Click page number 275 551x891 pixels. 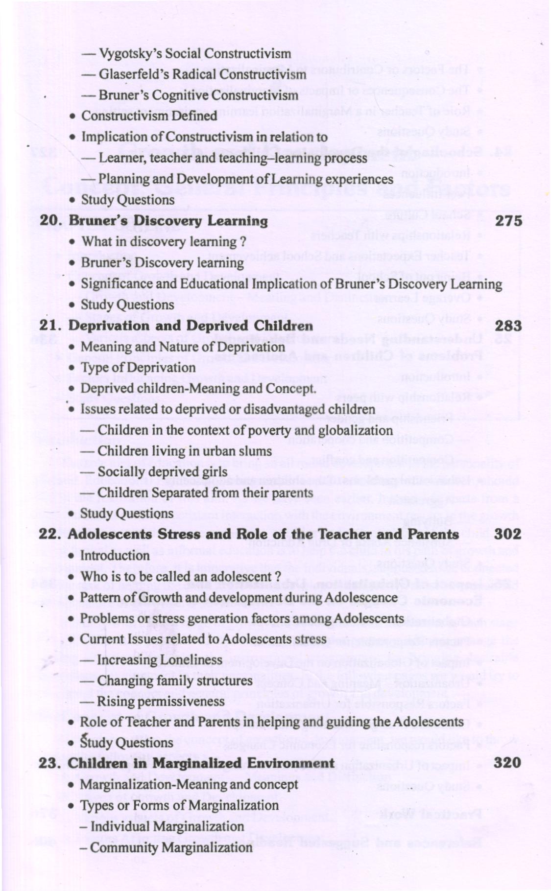[x=508, y=221]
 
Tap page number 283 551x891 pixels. [x=508, y=326]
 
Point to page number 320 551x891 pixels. [x=507, y=762]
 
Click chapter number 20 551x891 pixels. [x=50, y=221]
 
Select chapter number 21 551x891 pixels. [x=50, y=326]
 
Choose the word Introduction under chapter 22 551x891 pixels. [x=115, y=556]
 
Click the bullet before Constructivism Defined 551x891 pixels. [x=72, y=117]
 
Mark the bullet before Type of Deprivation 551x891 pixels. [x=72, y=368]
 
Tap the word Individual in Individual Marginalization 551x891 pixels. [x=120, y=826]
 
